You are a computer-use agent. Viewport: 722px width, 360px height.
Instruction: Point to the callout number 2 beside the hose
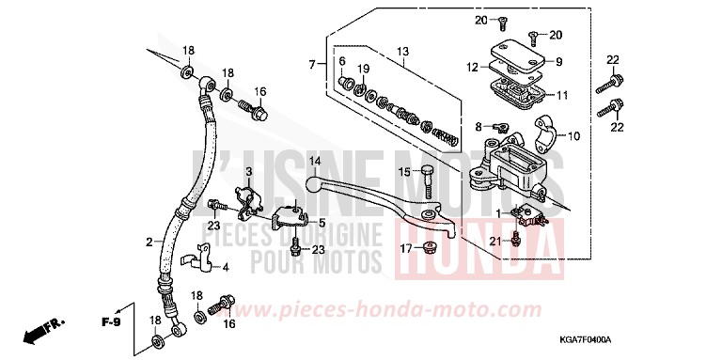pos(149,242)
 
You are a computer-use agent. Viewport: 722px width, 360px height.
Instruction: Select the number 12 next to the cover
pos(474,66)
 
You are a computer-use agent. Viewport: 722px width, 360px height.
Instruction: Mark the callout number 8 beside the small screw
pos(479,125)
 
